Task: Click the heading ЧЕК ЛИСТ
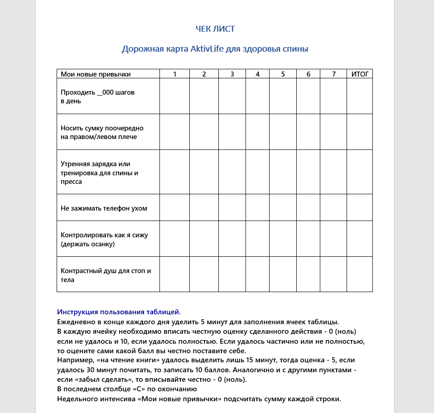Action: tap(215, 29)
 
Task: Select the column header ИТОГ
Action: tap(360, 74)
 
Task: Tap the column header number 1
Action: tap(174, 74)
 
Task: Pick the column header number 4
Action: tap(257, 74)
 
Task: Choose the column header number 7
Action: tap(333, 74)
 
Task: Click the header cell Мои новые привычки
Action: tap(96, 74)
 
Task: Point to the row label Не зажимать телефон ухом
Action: tap(104, 208)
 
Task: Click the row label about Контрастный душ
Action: tap(106, 275)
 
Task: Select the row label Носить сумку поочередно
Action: tap(102, 132)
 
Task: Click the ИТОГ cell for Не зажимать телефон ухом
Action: tap(360, 207)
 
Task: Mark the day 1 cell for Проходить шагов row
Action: tap(174, 96)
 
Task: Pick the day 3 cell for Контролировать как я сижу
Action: tap(232, 239)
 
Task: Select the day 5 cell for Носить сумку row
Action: tap(283, 132)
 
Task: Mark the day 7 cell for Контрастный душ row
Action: tap(333, 274)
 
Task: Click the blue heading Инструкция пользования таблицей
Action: tap(119, 312)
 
